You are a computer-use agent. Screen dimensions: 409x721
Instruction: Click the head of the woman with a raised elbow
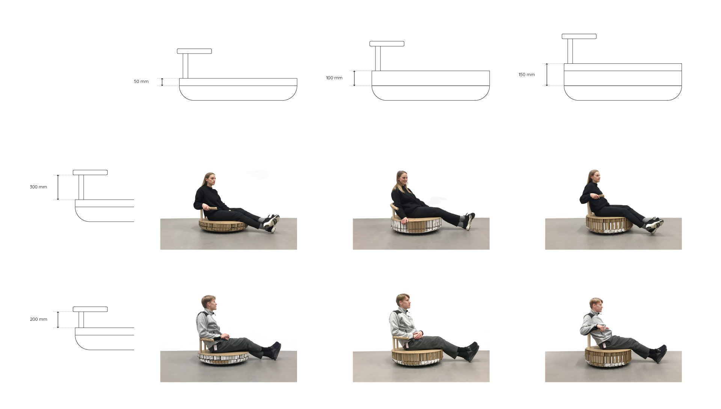(594, 177)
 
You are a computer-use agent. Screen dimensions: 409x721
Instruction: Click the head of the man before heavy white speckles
(208, 303)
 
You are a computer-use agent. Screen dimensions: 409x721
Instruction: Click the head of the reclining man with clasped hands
(403, 301)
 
